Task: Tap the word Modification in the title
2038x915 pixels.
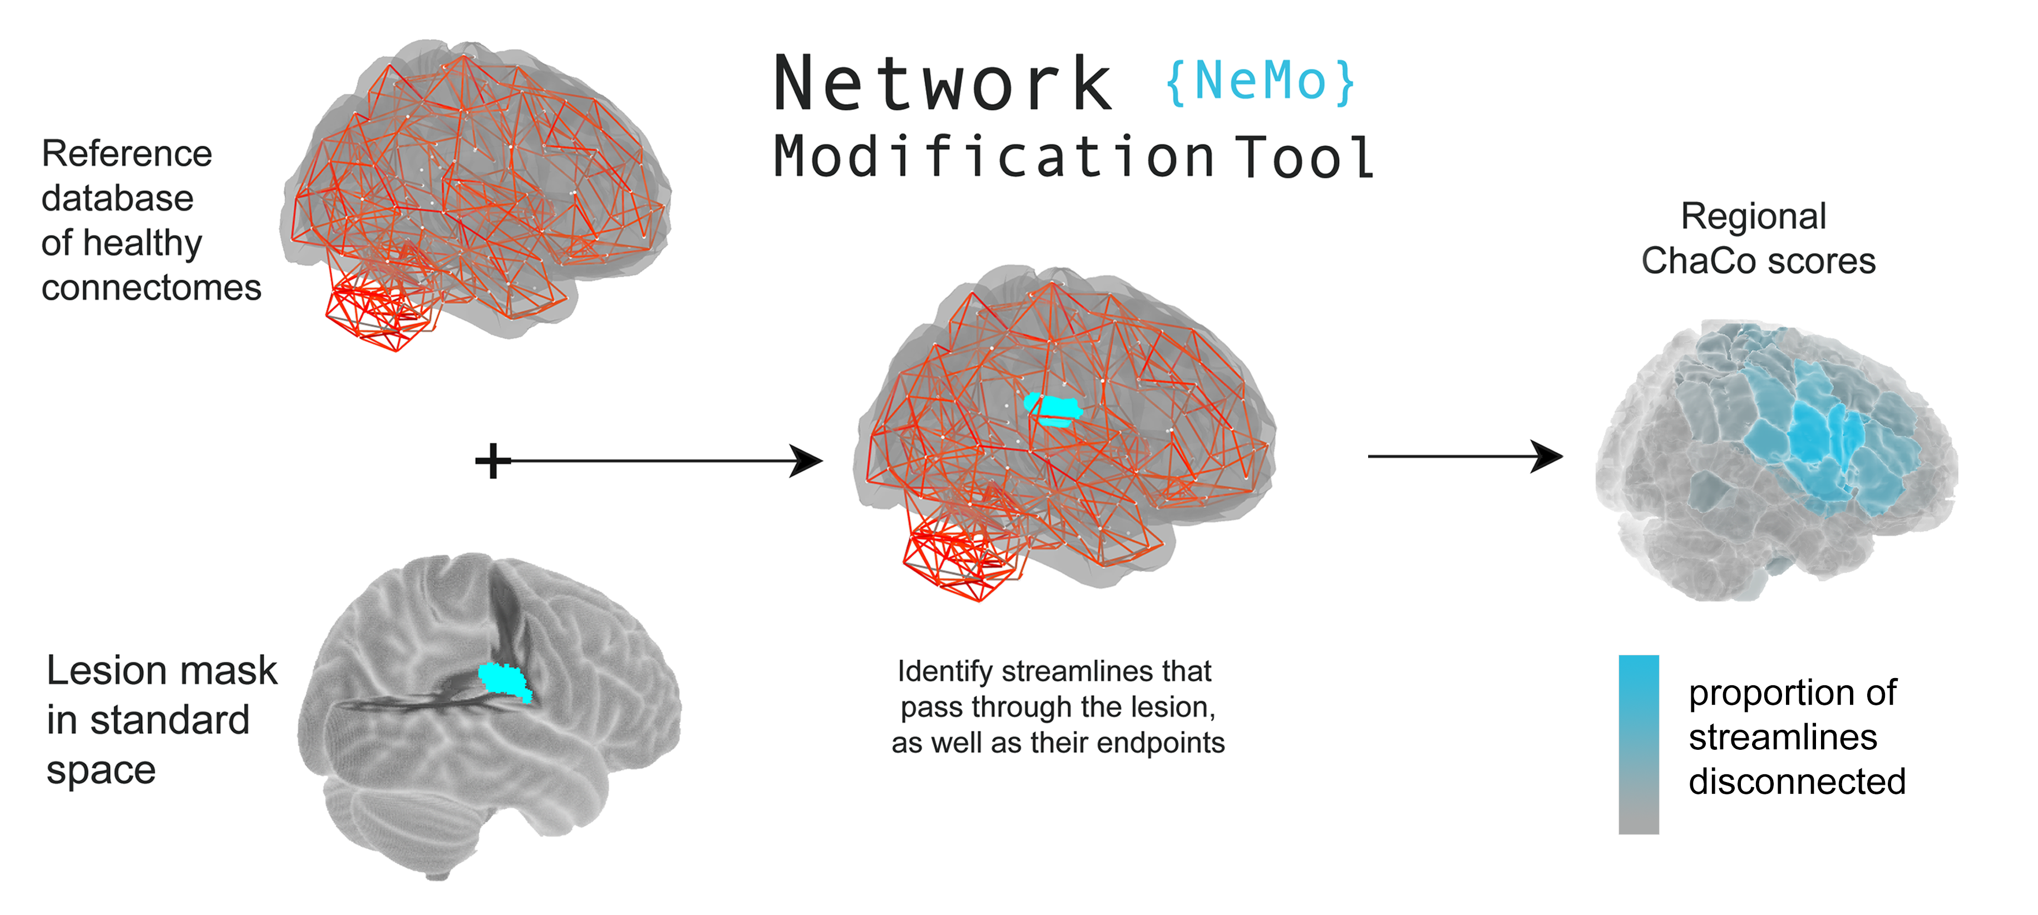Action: pos(994,157)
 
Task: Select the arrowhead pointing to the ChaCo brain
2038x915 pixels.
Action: pos(1547,456)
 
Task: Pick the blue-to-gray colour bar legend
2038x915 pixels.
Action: pos(1639,743)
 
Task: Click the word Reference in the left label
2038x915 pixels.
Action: pos(127,154)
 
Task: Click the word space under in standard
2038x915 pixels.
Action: pos(101,769)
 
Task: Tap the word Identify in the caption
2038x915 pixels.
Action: pos(945,671)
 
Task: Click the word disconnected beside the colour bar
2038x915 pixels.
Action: pos(1797,782)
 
